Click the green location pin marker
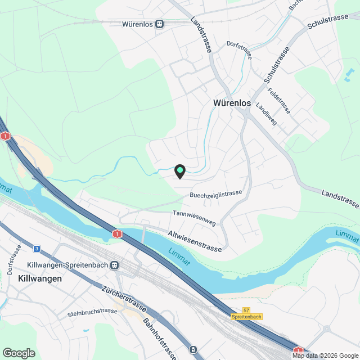pyautogui.click(x=180, y=171)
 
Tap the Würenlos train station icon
pyautogui.click(x=160, y=24)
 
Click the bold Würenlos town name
pyautogui.click(x=232, y=103)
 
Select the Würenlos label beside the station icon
pyautogui.click(x=138, y=24)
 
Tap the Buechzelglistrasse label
pyautogui.click(x=215, y=194)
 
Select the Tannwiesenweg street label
pyautogui.click(x=194, y=218)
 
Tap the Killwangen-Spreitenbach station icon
pyautogui.click(x=115, y=265)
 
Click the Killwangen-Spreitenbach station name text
pyautogui.click(x=68, y=265)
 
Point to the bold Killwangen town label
pyautogui.click(x=40, y=278)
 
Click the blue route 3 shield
pyautogui.click(x=37, y=248)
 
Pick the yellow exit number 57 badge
pyautogui.click(x=246, y=310)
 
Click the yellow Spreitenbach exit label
pyautogui.click(x=246, y=318)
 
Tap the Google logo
pyautogui.click(x=19, y=353)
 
